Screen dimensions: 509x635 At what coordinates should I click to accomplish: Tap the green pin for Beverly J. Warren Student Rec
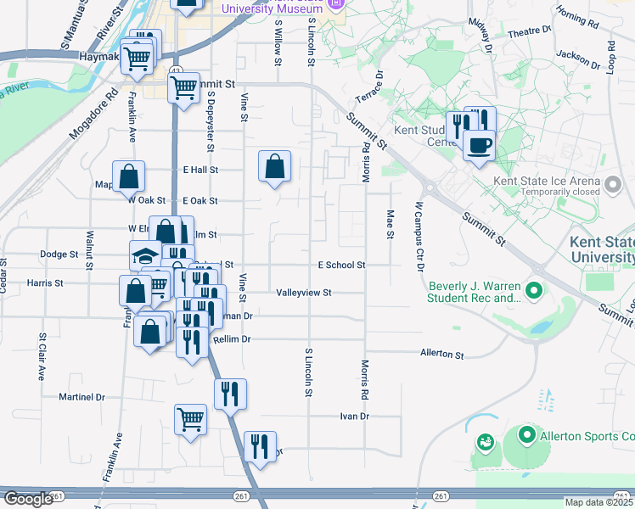[534, 292]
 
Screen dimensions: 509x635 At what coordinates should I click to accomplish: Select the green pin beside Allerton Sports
[526, 437]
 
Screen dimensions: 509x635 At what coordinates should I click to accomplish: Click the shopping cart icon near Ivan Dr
[190, 417]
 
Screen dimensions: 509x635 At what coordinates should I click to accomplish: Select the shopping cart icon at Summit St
[183, 87]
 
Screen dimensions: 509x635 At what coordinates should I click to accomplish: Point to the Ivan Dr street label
[355, 417]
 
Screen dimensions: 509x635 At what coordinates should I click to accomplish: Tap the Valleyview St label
[303, 293]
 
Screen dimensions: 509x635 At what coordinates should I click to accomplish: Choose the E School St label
[341, 266]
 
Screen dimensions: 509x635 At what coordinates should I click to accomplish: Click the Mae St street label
[391, 225]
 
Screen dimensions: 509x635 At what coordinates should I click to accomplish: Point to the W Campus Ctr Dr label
[419, 236]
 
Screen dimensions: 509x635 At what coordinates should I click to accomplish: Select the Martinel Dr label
[81, 397]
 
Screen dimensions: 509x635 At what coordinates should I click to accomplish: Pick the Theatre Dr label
[530, 31]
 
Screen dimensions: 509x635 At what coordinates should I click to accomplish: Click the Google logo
[28, 500]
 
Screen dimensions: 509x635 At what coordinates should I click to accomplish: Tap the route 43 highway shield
[174, 70]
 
